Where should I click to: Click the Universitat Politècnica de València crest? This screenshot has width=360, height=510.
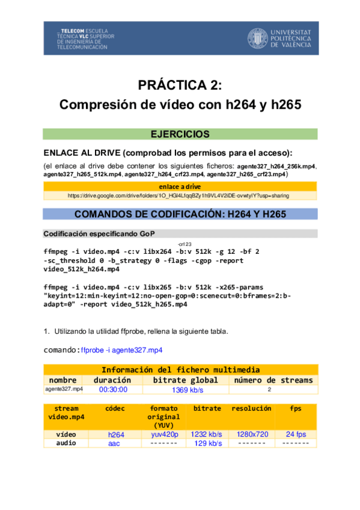pyautogui.click(x=257, y=38)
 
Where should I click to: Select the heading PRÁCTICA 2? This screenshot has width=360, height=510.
pyautogui.click(x=180, y=85)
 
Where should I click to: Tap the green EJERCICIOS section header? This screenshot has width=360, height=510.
pyautogui.click(x=180, y=134)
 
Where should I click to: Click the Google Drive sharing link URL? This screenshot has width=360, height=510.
pyautogui.click(x=180, y=195)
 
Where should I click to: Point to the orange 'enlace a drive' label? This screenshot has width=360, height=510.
pyautogui.click(x=180, y=186)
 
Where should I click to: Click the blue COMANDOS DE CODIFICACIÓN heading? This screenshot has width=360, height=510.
pyautogui.click(x=180, y=214)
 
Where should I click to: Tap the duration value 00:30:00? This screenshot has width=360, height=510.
pyautogui.click(x=113, y=390)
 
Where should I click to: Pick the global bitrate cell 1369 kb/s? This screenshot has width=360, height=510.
pyautogui.click(x=188, y=390)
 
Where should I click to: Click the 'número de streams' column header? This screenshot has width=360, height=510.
pyautogui.click(x=273, y=380)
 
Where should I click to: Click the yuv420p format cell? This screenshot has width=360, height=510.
pyautogui.click(x=163, y=434)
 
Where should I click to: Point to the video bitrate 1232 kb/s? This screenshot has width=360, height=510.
pyautogui.click(x=207, y=434)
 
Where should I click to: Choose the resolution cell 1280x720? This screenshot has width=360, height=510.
pyautogui.click(x=252, y=434)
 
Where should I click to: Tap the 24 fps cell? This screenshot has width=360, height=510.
pyautogui.click(x=296, y=434)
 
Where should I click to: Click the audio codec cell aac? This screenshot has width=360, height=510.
pyautogui.click(x=114, y=443)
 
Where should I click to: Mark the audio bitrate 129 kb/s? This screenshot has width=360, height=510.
pyautogui.click(x=208, y=443)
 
